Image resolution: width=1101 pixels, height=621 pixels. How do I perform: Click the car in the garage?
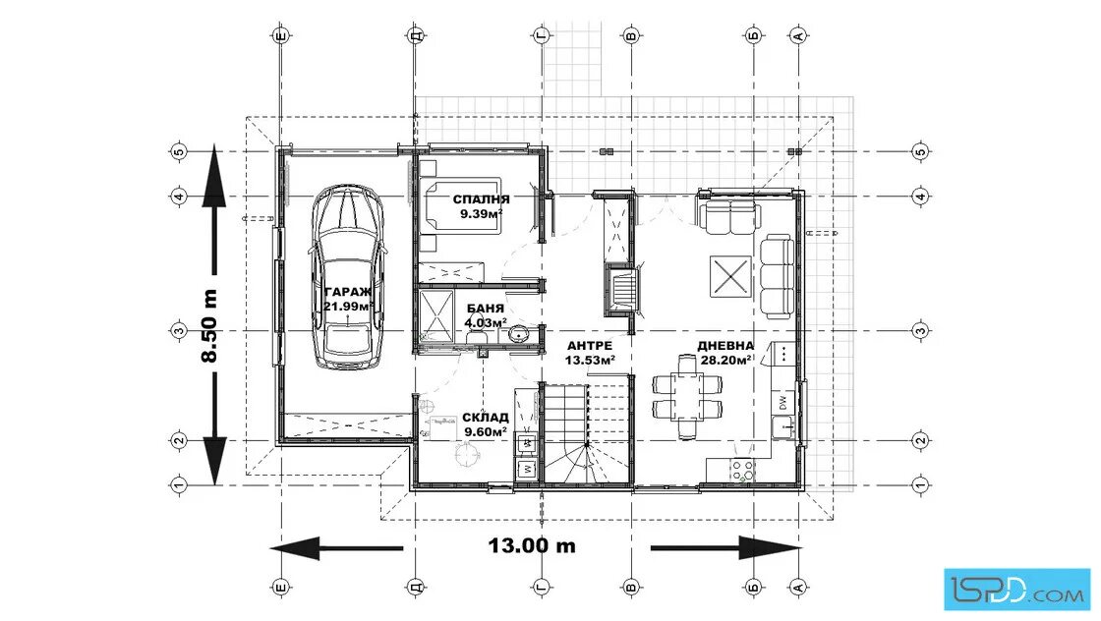(x=348, y=278)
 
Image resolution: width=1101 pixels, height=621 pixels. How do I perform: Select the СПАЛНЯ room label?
(x=481, y=199)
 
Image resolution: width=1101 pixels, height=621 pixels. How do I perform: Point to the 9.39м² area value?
(x=481, y=214)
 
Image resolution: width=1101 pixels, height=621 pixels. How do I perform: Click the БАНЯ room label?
(x=486, y=309)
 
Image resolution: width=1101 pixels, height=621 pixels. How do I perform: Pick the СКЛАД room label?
(x=486, y=418)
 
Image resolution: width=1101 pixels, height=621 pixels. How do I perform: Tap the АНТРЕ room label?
(x=590, y=346)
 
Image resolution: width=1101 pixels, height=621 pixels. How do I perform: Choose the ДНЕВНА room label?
(x=725, y=345)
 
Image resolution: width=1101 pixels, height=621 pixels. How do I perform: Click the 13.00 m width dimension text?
(x=532, y=545)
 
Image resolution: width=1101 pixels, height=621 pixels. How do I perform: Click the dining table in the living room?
(x=687, y=396)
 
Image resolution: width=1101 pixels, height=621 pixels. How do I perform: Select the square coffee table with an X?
(x=730, y=276)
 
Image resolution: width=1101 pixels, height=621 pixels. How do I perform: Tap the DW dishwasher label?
(x=782, y=402)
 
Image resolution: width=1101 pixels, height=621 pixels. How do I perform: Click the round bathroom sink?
(x=520, y=335)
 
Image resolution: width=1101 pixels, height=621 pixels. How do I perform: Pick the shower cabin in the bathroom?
(x=436, y=316)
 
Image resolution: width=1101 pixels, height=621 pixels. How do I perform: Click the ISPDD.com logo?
(x=1016, y=589)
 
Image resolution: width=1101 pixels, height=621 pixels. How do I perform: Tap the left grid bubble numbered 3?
(x=178, y=330)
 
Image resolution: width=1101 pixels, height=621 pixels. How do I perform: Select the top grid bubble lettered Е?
(x=281, y=35)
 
